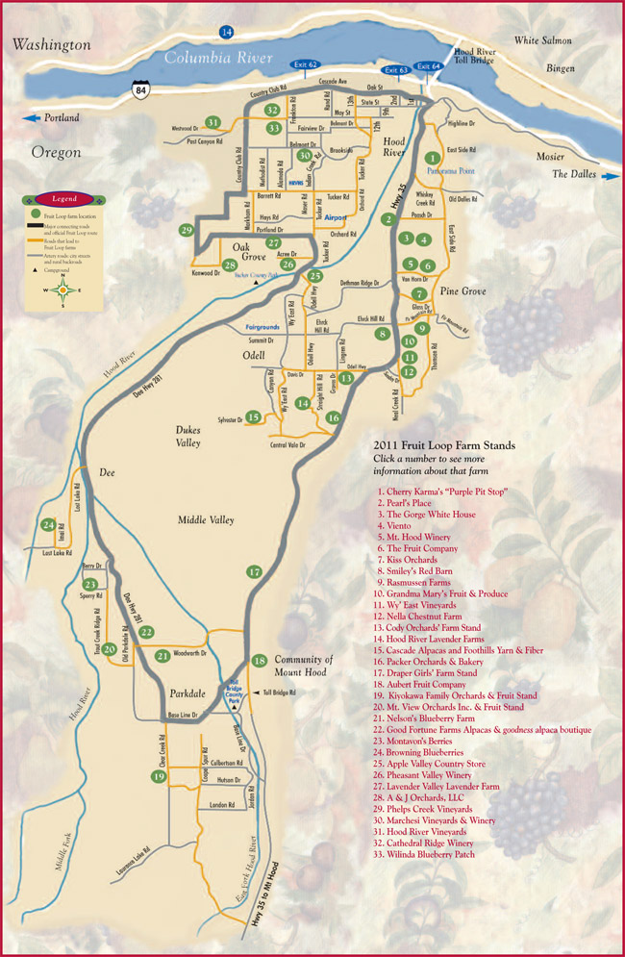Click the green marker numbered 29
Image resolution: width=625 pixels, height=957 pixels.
pyautogui.click(x=187, y=230)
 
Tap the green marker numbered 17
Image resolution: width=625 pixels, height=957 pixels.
pyautogui.click(x=254, y=572)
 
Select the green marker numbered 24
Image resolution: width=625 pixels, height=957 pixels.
pyautogui.click(x=48, y=524)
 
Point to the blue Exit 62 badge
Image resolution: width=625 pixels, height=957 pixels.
pyautogui.click(x=306, y=64)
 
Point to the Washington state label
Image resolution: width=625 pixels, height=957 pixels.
pyautogui.click(x=50, y=44)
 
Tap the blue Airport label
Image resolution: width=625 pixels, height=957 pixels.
pyautogui.click(x=336, y=217)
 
